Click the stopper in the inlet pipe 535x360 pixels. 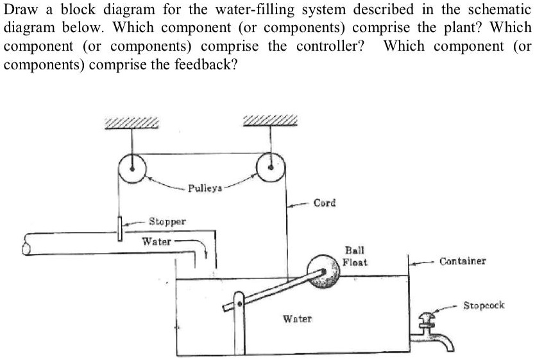click(119, 228)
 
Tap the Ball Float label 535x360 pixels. click(355, 257)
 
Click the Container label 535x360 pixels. click(463, 261)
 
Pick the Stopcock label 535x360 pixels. click(484, 305)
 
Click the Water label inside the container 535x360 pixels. click(297, 319)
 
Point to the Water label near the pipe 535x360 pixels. click(156, 242)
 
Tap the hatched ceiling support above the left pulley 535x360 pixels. click(131, 123)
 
